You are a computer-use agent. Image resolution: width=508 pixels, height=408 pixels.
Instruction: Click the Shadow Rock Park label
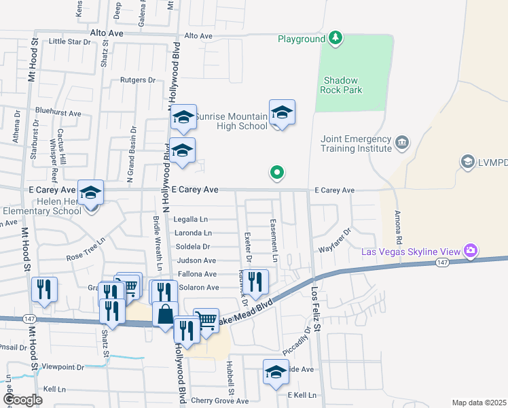[x=342, y=84]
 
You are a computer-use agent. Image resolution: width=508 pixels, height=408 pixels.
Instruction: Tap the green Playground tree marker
[x=335, y=38]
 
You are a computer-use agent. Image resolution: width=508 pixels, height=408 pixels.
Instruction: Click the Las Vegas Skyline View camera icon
[x=470, y=251]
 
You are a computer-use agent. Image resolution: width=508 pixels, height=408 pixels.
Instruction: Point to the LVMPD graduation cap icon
[x=467, y=161]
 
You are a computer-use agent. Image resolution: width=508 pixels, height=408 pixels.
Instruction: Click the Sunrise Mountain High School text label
[x=232, y=121]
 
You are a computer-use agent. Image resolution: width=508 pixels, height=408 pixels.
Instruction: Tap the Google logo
[x=22, y=400]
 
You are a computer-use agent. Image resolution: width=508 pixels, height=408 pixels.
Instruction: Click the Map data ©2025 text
[x=478, y=403]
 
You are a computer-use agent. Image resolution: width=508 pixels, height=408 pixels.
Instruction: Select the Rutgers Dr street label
[x=138, y=80]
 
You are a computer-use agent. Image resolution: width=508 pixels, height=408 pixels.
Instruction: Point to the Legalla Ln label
[x=191, y=219]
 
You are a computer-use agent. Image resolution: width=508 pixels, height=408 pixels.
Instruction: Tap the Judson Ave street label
[x=196, y=260]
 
